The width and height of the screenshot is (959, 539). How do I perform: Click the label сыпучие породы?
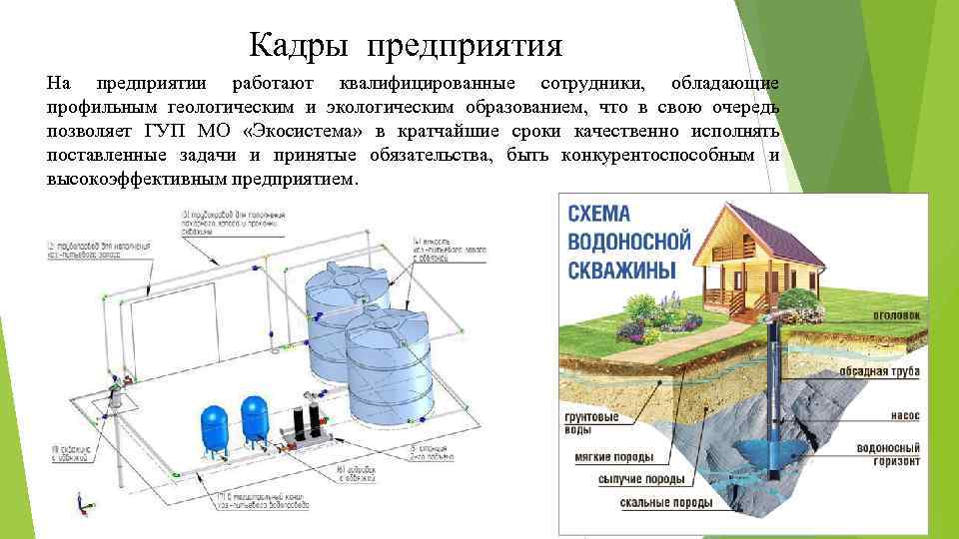639,479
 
